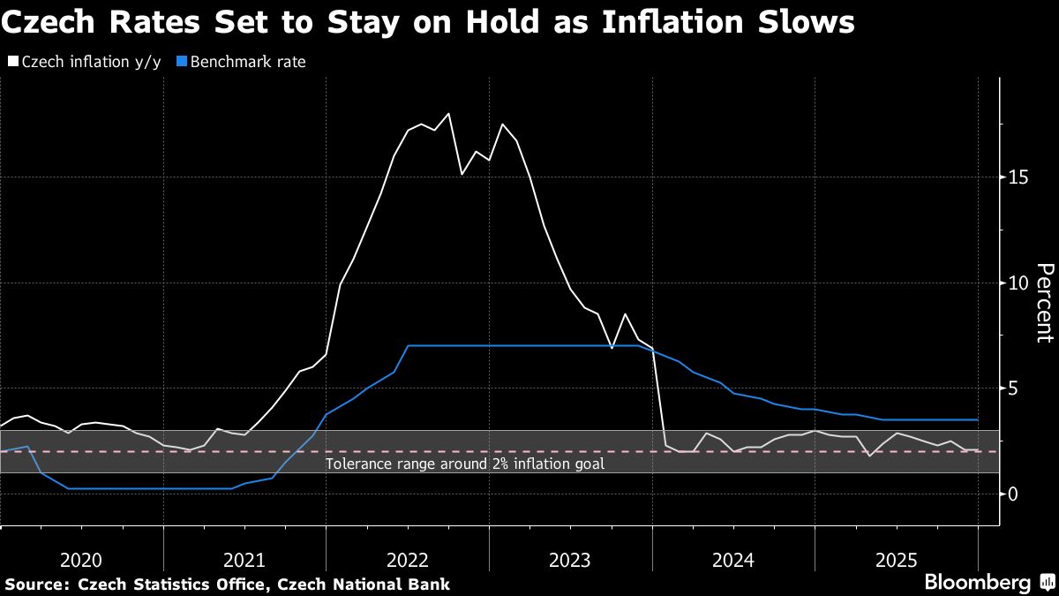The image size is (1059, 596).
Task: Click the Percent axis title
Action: coord(1044,303)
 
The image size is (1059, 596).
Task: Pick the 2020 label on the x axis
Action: coord(81,560)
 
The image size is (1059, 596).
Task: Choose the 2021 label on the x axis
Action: coord(244,560)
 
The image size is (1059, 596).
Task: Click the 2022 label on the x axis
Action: coord(407,560)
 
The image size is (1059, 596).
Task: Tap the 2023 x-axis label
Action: coord(570,560)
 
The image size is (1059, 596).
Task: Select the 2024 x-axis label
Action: coord(732,560)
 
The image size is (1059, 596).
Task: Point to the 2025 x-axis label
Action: coord(896,560)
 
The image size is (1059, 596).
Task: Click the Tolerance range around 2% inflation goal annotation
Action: coord(465,464)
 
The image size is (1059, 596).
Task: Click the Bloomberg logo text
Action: coord(977,583)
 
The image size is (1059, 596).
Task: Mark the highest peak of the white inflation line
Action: coord(448,114)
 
